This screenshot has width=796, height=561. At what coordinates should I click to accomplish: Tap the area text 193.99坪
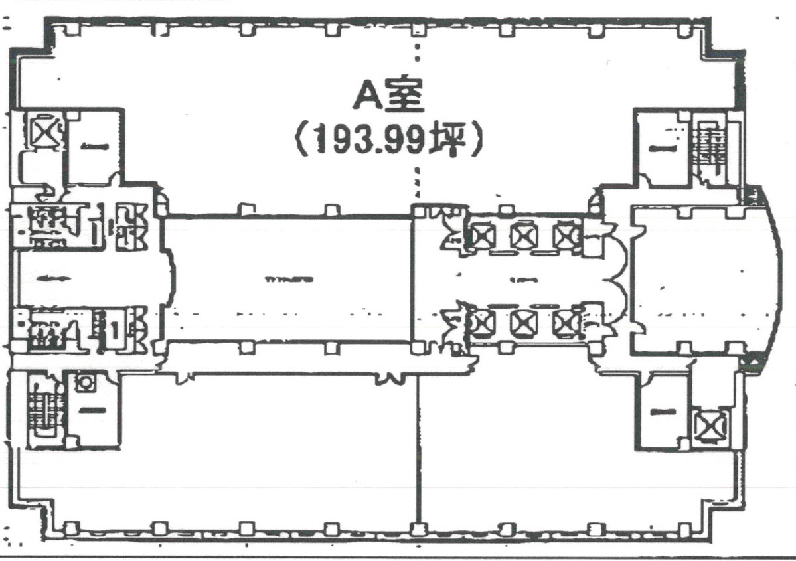pyautogui.click(x=387, y=141)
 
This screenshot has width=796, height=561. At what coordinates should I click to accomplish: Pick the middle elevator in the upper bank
pyautogui.click(x=523, y=235)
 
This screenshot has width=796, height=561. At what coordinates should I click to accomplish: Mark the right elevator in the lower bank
pyautogui.click(x=564, y=322)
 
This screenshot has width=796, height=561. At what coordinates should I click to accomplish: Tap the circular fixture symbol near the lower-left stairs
pyautogui.click(x=85, y=382)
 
